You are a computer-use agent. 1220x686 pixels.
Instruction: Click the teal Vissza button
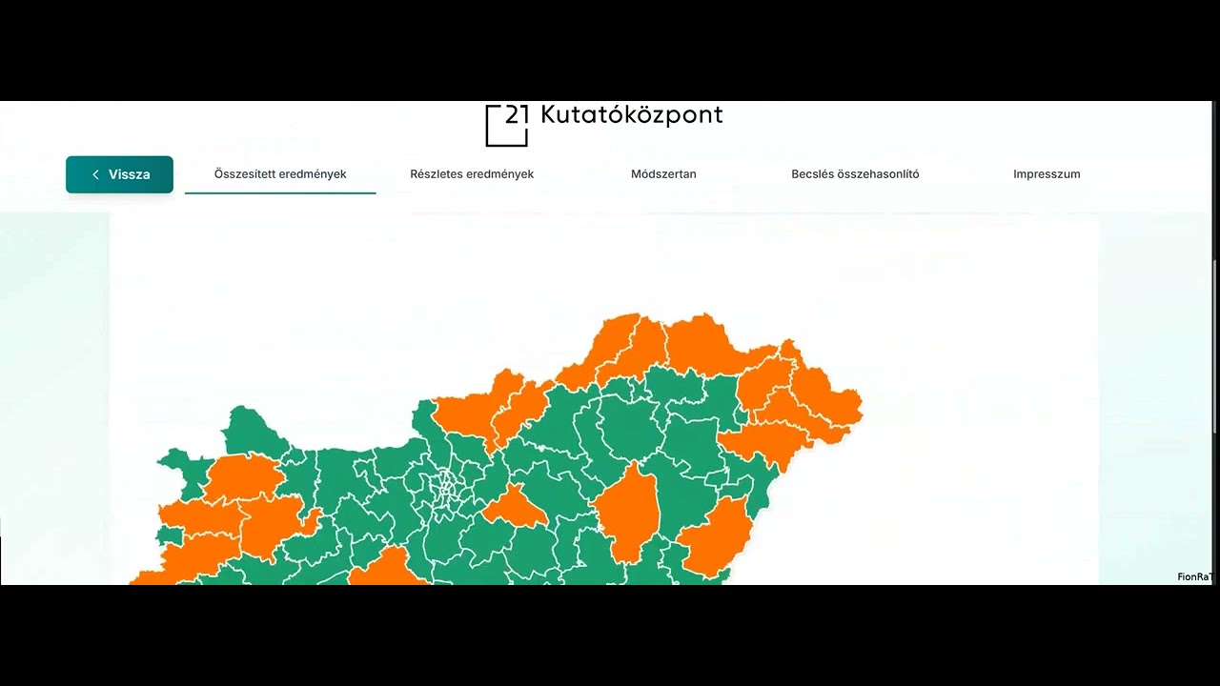point(119,174)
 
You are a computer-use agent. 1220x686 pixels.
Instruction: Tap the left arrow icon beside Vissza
point(95,174)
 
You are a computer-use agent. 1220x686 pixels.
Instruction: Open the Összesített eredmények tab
point(280,174)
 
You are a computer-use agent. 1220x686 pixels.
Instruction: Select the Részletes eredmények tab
point(472,174)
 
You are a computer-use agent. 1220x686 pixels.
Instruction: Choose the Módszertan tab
point(663,174)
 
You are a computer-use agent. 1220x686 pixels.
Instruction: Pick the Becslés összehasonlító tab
point(855,174)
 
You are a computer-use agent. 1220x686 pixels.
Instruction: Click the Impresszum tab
point(1047,174)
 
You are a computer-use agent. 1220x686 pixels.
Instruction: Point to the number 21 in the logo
point(517,115)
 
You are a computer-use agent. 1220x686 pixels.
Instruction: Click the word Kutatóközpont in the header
point(631,115)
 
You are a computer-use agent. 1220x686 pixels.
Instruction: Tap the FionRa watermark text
point(1193,576)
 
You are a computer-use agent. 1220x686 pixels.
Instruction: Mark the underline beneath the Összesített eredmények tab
point(280,192)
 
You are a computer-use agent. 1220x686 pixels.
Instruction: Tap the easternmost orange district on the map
point(834,400)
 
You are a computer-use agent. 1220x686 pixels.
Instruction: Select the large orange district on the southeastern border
point(717,538)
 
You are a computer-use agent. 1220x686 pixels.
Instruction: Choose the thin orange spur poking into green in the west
point(310,520)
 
